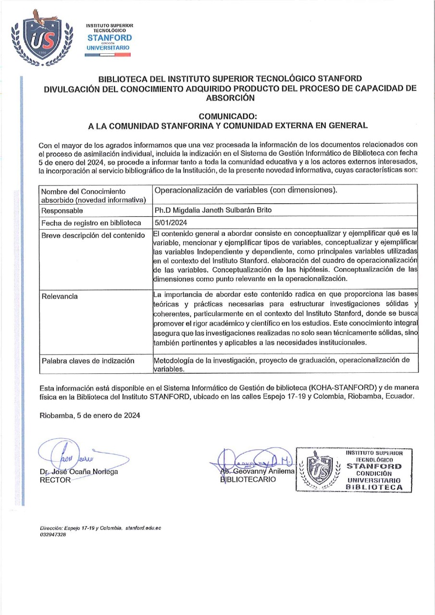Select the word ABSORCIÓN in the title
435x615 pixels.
230,97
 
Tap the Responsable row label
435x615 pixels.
62,210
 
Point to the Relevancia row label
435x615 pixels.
60,296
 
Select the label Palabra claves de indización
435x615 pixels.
88,361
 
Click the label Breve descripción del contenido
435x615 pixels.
93,235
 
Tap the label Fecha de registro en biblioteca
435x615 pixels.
91,223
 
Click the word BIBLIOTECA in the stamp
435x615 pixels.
377,487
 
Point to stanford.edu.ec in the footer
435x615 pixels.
143,528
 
